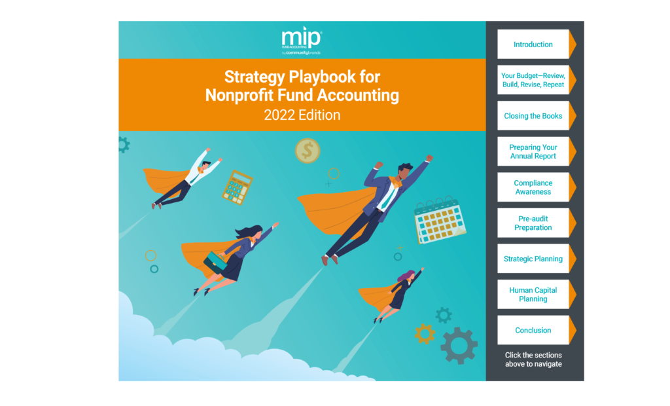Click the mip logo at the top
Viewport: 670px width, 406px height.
pyautogui.click(x=302, y=41)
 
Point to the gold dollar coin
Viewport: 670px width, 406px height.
pyautogui.click(x=308, y=151)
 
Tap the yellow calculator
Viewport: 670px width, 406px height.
pyautogui.click(x=238, y=187)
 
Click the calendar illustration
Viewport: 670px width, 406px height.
pyautogui.click(x=440, y=220)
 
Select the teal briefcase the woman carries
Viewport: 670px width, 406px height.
pyautogui.click(x=215, y=262)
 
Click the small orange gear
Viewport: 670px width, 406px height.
pyautogui.click(x=425, y=334)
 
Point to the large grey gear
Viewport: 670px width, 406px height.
pyautogui.click(x=459, y=346)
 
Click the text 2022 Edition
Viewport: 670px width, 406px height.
pyautogui.click(x=302, y=115)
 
